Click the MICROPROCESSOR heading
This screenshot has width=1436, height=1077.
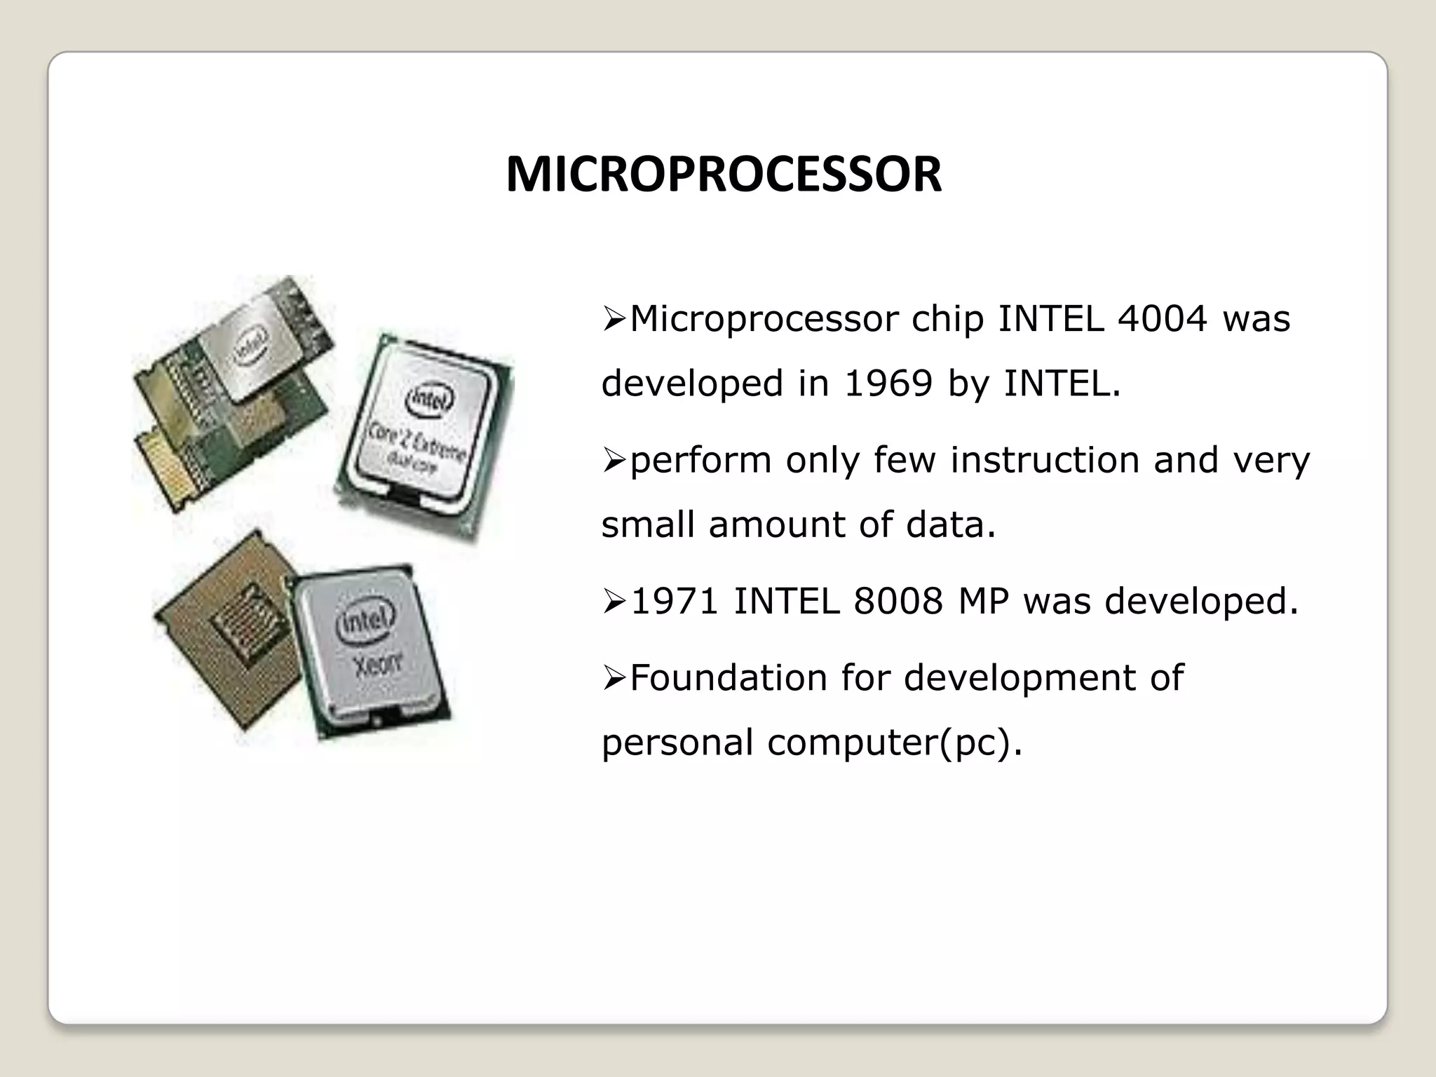coord(724,175)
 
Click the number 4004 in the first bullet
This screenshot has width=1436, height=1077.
coord(1163,319)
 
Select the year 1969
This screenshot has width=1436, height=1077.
coord(888,384)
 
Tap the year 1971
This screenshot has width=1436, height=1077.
coord(675,602)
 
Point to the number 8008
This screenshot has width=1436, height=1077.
coord(898,602)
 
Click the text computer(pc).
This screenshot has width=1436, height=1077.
coord(895,743)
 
